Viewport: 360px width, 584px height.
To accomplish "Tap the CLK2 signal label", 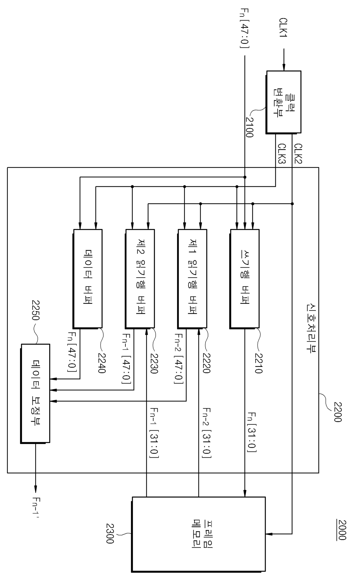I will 298,154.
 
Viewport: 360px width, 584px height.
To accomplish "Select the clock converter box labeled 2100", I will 283,102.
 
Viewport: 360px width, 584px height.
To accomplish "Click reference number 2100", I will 249,127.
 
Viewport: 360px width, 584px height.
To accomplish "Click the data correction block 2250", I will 35,393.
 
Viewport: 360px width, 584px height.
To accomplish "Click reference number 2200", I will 338,412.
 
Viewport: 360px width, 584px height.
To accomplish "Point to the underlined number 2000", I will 342,530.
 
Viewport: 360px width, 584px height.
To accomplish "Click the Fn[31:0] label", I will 251,432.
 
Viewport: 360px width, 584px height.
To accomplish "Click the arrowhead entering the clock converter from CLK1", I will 284,68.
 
